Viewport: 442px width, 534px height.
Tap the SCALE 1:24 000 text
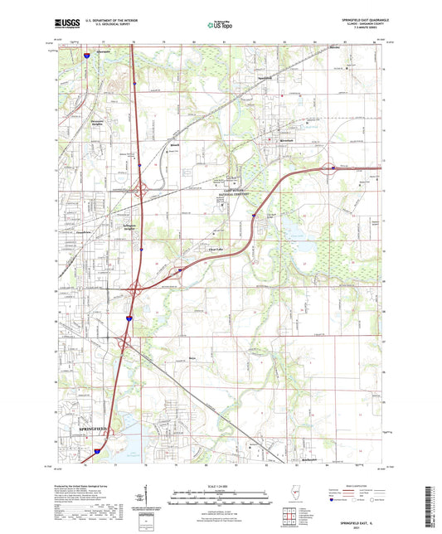click(x=221, y=485)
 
